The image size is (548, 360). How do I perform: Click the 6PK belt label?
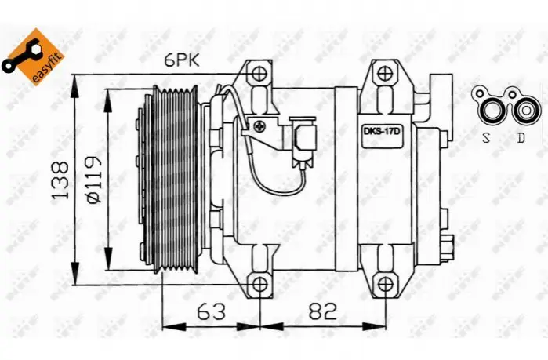pos(182,60)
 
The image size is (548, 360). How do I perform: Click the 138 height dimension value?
pos(60,180)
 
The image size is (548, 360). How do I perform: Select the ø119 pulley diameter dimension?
pos(93,180)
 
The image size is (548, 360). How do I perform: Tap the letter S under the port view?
pos(486,138)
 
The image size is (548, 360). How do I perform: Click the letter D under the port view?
pos(521,138)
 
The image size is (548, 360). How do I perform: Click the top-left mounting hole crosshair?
pos(259,74)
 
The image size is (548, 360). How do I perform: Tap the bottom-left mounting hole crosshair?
pos(259,285)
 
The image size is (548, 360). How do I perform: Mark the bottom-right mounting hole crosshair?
pos(385,285)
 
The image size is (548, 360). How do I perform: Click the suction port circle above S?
pos(492,111)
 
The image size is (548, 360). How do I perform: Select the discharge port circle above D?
pos(525,111)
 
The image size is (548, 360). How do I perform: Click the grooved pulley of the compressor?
pos(176,179)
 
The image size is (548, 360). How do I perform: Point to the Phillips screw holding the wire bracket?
pos(260,125)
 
